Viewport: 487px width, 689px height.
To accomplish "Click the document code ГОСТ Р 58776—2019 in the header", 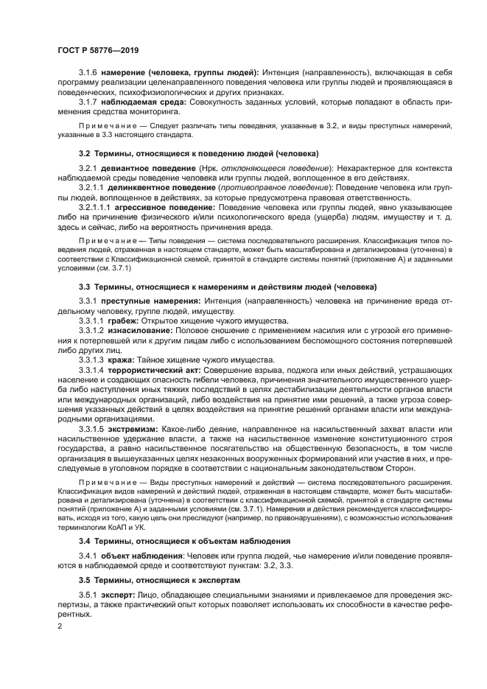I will [x=97, y=49].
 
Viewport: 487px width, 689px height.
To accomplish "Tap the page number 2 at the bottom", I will [x=60, y=626].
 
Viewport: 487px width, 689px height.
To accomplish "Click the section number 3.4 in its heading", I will [x=84, y=540].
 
